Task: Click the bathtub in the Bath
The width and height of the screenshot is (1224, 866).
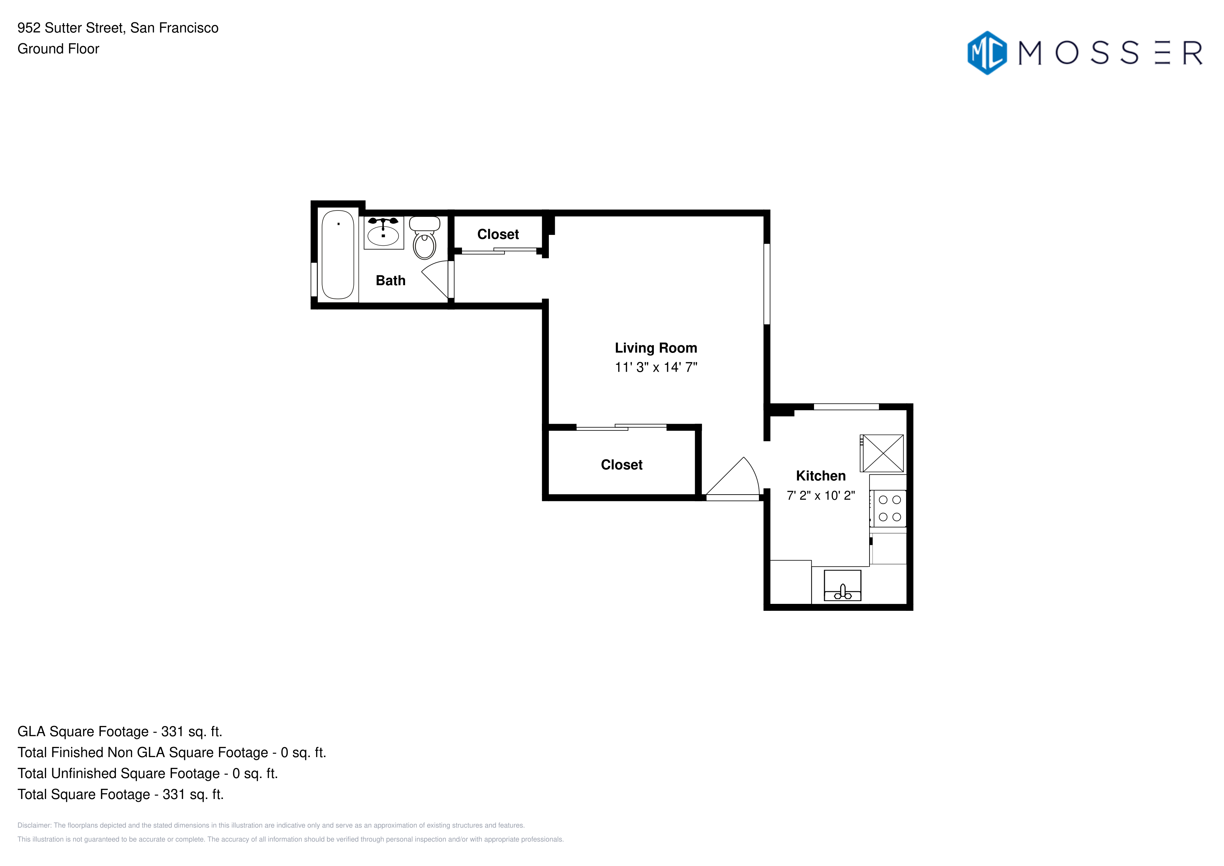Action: coord(338,254)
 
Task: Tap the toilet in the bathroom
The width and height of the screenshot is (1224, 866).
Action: coord(424,237)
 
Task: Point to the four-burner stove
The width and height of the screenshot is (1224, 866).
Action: coord(889,508)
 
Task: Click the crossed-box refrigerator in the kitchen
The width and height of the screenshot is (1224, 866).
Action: coord(883,453)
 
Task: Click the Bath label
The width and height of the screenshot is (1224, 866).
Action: coord(391,281)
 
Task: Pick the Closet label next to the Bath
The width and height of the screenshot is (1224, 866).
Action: coord(498,234)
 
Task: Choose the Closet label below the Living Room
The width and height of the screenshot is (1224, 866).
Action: coord(622,465)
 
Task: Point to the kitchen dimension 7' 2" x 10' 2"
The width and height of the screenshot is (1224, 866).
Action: coord(821,495)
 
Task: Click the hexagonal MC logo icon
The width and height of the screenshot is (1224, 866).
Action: coord(987,53)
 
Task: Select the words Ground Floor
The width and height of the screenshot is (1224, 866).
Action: coord(58,49)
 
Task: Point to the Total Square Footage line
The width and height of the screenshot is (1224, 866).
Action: coord(120,794)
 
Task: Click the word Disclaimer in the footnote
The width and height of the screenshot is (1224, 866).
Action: coord(34,826)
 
